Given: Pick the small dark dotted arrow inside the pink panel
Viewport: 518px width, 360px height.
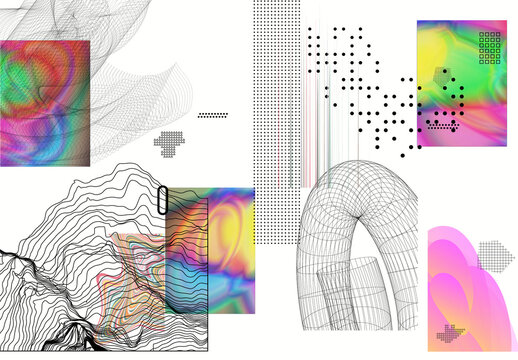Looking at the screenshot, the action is coord(453,334).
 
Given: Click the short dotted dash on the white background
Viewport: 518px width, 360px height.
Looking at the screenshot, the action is coord(213,115).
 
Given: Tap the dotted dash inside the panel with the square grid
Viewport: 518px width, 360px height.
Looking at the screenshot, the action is coord(441,126).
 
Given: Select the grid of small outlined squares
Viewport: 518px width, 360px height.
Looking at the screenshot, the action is coord(490,47).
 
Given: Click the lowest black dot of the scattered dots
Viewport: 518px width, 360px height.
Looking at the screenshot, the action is coord(402,155).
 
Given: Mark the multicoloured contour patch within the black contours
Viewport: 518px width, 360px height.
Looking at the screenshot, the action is coord(140,270).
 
